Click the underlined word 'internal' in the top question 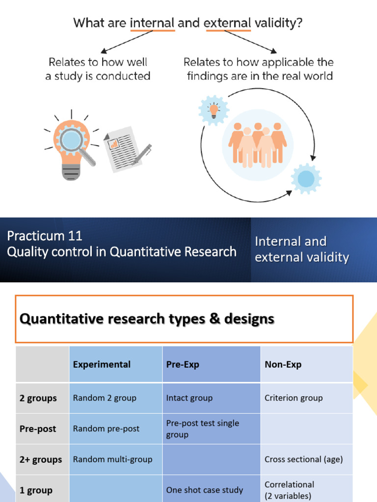coord(152,23)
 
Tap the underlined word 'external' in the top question coord(228,23)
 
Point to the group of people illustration coord(258,142)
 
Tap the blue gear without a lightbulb coord(306,178)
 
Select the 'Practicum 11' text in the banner coord(45,236)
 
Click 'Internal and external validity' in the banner coord(301,249)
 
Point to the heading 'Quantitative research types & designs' coord(147,319)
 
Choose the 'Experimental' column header coord(102,364)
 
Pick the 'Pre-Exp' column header coord(183,364)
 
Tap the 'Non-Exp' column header coord(283,364)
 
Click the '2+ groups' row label coord(41,459)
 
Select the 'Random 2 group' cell coord(105,398)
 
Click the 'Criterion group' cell coord(294,398)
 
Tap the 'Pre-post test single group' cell coord(202,428)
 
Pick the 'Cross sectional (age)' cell coord(303,459)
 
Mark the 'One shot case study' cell coord(204,490)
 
